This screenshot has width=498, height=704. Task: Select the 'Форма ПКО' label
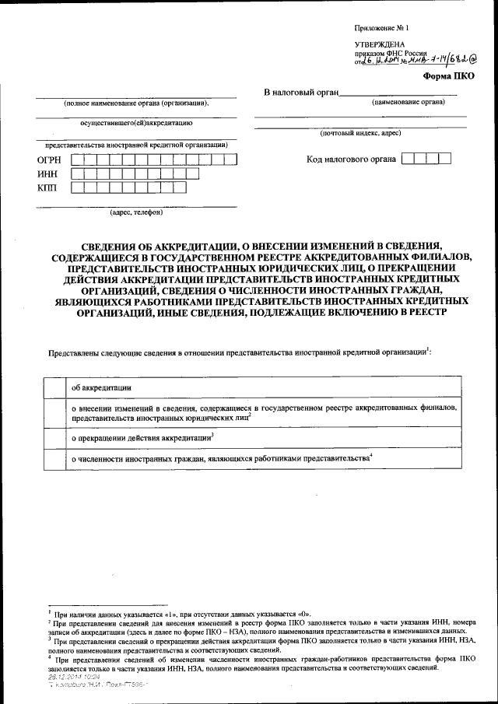447,76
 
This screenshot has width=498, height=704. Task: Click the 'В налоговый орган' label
302,94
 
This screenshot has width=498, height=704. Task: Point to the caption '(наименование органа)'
408,103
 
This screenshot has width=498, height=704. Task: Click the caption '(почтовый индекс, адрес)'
360,134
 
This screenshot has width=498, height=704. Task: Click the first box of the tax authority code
406,159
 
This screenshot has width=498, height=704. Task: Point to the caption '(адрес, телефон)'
136,212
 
